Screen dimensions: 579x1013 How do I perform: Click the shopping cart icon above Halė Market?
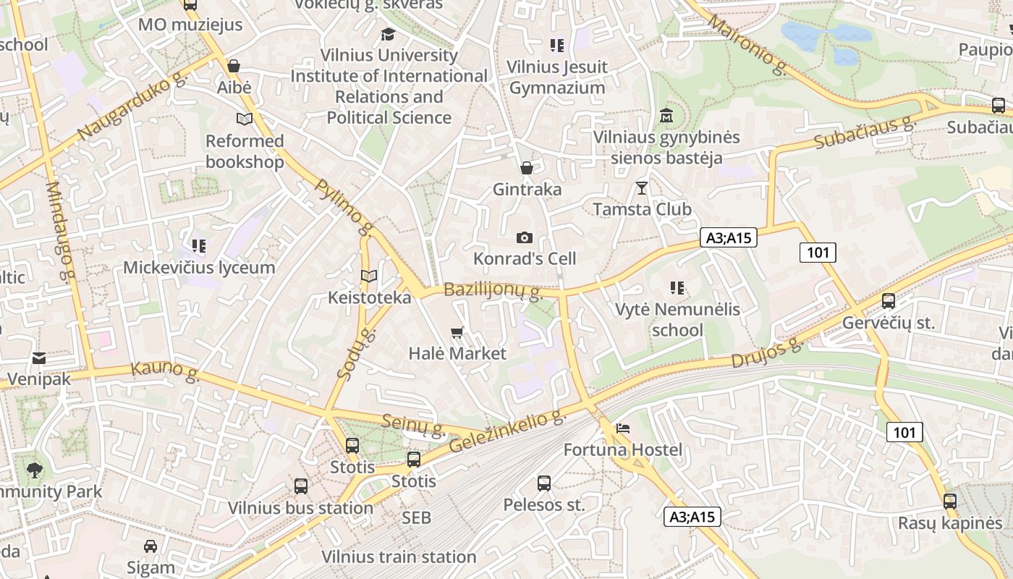click(x=457, y=333)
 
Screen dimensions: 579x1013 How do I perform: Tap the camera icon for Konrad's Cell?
click(x=525, y=238)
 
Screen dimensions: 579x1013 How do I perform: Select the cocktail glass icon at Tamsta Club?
click(x=642, y=188)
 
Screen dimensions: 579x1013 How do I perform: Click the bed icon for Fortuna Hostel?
click(x=622, y=428)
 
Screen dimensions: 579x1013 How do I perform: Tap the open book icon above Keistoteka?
click(x=369, y=276)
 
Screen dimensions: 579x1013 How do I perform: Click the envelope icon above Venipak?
click(x=39, y=358)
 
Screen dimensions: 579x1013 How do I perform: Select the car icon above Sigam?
click(x=151, y=546)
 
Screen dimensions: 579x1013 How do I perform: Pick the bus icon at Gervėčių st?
click(x=889, y=301)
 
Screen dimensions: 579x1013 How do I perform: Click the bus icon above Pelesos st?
click(x=544, y=483)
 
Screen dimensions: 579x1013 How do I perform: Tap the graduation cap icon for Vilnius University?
click(x=389, y=34)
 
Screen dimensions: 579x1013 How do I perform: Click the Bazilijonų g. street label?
click(x=493, y=291)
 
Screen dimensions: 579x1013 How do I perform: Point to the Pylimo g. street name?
click(x=344, y=208)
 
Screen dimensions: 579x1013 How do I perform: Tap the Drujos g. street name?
click(x=767, y=352)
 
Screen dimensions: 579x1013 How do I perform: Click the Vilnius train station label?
click(x=399, y=557)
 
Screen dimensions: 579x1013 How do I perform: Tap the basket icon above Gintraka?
click(x=527, y=168)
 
